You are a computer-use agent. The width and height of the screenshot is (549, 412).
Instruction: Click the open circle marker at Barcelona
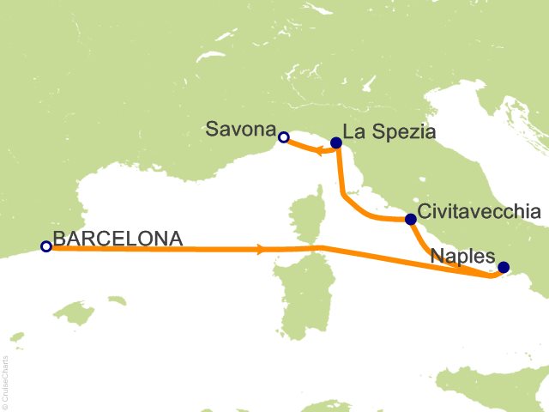coord(46,246)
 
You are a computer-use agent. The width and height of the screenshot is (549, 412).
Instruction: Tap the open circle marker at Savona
coord(283,136)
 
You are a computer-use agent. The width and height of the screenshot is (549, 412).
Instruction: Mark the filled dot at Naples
coord(504,267)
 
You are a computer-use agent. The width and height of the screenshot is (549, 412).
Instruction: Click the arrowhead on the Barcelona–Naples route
coord(260,250)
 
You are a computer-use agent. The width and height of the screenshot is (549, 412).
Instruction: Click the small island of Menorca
coord(118,301)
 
